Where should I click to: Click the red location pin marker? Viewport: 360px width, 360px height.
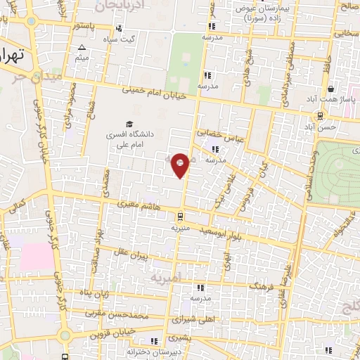pos(181,164)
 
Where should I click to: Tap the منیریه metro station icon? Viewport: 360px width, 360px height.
pos(181,217)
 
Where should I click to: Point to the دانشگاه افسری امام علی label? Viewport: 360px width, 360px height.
pos(127,137)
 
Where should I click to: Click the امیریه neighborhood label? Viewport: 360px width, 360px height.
pos(166,278)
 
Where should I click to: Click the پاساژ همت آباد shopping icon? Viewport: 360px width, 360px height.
pos(350,91)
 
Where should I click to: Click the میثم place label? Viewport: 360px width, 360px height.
pos(82,58)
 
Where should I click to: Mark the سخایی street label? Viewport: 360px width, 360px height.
pos(346,33)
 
